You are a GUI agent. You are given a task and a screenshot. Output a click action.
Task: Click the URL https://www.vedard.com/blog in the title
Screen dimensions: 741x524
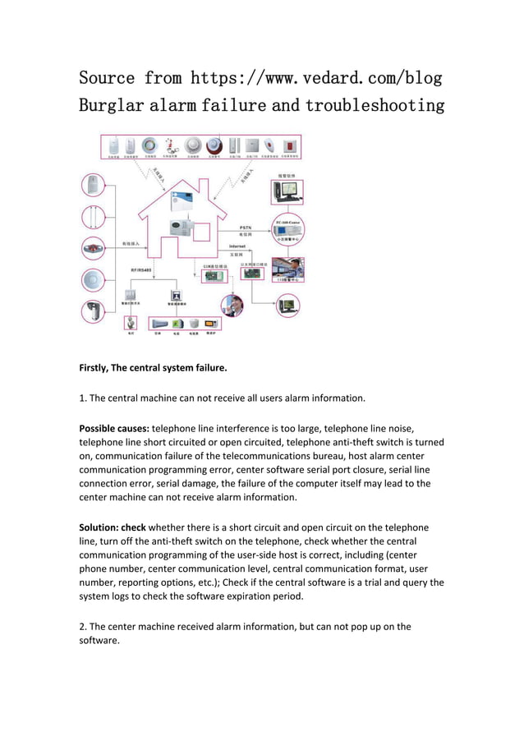click(316, 79)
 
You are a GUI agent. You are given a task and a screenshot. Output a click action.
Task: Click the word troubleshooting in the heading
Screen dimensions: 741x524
click(375, 106)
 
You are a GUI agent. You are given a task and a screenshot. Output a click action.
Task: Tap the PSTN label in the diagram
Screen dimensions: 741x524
click(246, 226)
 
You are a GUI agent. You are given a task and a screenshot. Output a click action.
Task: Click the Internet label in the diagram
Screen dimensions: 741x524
click(237, 246)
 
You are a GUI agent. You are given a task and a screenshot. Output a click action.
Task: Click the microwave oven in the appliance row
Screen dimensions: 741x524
click(212, 324)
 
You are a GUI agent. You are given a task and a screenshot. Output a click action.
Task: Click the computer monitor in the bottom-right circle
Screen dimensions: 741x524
click(287, 306)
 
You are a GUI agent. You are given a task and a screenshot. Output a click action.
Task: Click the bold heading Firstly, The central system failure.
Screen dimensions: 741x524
click(152, 369)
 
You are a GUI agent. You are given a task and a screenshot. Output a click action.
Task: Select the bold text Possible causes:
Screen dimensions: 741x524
click(114, 428)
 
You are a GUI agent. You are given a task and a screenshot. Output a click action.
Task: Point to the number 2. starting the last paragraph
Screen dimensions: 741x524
click(83, 627)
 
